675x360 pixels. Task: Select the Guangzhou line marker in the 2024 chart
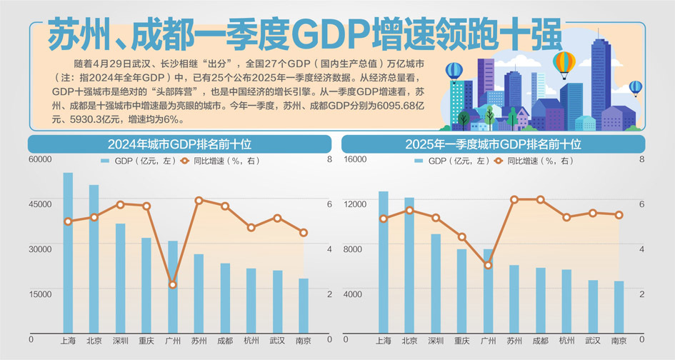[x=172, y=285]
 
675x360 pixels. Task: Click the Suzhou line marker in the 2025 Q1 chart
[x=514, y=200]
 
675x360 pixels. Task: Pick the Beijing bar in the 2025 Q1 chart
[x=409, y=264]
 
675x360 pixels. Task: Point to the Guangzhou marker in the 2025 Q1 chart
[x=488, y=265]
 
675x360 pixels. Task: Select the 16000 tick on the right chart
[x=355, y=159]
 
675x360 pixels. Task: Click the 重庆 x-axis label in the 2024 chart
[x=146, y=341]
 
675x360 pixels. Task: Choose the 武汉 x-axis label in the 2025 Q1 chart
[x=593, y=341]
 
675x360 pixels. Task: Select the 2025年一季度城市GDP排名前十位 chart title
[x=492, y=144]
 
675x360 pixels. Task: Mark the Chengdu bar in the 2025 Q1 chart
[x=540, y=299]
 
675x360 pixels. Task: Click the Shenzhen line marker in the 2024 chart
[x=120, y=204]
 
